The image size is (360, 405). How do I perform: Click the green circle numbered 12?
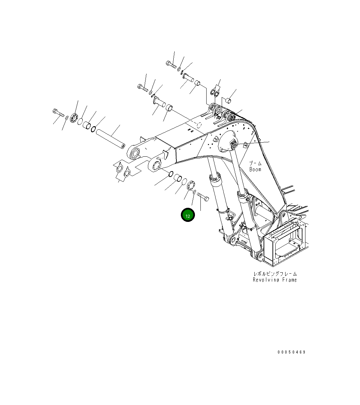[x=188, y=215]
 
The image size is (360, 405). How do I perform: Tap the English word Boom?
[x=255, y=169]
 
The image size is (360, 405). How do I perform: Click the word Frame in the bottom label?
[x=290, y=280]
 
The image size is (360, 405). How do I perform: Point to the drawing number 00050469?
[x=291, y=352]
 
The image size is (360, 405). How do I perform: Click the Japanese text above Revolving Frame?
[x=275, y=274]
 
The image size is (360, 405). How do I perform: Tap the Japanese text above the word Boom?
[x=255, y=164]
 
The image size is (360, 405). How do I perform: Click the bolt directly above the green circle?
[x=203, y=196]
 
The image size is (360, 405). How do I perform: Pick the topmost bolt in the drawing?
[x=171, y=64]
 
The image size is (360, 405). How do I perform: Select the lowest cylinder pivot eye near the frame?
[x=258, y=256]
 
